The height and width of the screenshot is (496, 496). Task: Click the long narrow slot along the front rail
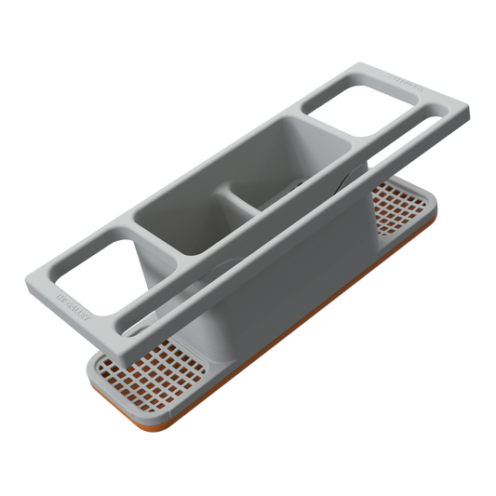pos(279,220)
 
